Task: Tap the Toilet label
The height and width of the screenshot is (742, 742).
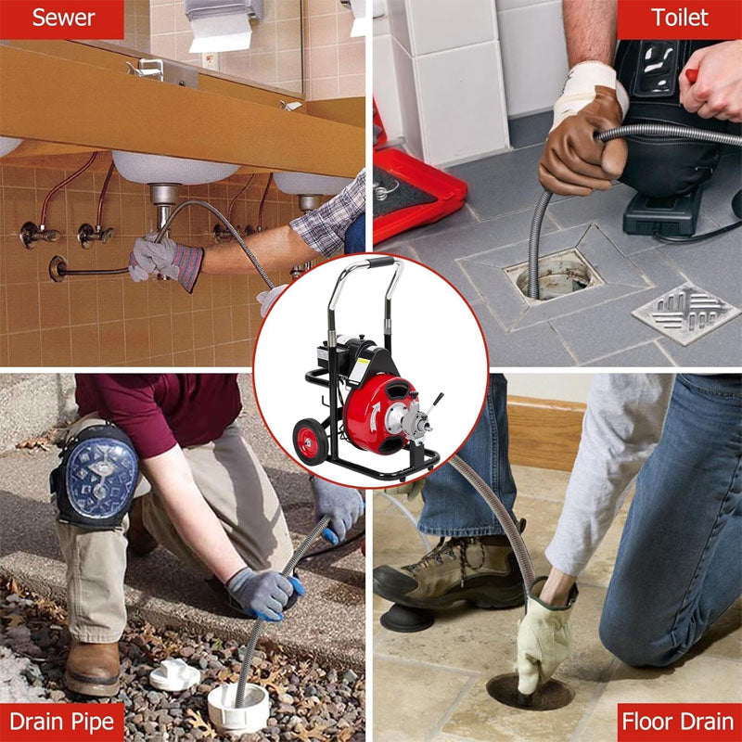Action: click(680, 19)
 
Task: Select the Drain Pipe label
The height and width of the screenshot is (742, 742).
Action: click(62, 722)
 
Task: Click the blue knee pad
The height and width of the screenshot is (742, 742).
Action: click(96, 473)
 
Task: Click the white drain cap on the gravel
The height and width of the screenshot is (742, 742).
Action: click(174, 675)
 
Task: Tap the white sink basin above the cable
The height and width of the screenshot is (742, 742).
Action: click(176, 167)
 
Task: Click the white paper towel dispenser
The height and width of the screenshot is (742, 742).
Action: click(221, 23)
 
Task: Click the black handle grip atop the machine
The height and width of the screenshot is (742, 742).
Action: click(381, 263)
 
